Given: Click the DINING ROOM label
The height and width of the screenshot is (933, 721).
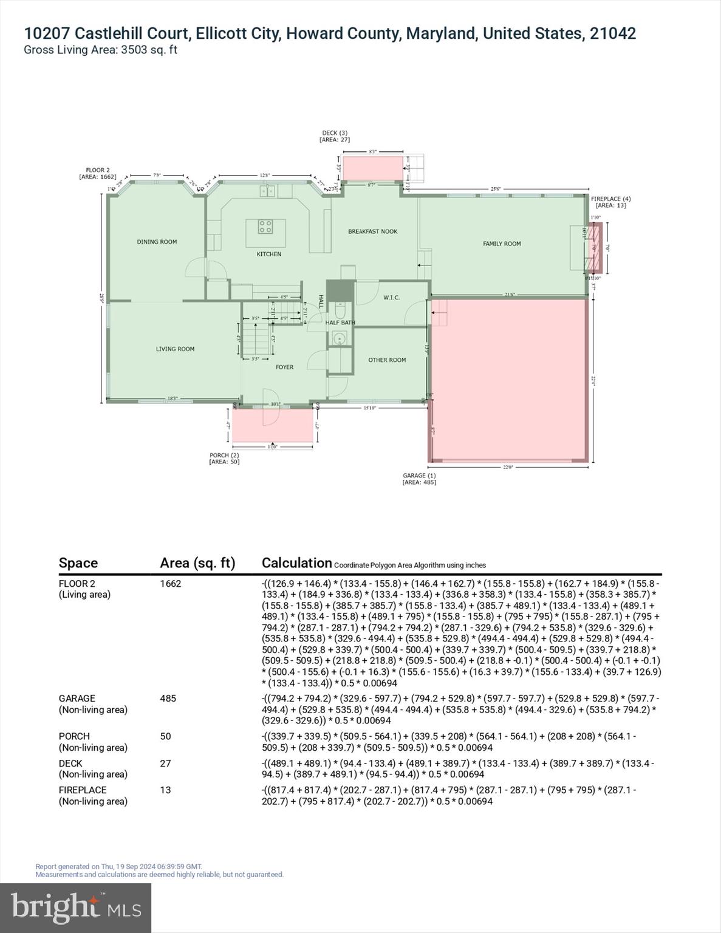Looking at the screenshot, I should (157, 242).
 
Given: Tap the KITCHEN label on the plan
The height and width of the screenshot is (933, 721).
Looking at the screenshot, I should (268, 254).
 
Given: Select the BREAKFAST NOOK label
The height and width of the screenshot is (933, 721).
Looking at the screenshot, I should (372, 231).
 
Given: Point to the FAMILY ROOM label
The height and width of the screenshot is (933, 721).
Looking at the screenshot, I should (502, 244).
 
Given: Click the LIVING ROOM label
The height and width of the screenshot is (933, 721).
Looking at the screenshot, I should (175, 349).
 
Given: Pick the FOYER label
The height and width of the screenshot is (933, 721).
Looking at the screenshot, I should (284, 367).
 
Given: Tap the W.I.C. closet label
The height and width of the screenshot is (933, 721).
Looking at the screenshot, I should (391, 298).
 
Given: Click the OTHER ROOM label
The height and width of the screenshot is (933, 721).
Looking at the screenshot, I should (387, 360).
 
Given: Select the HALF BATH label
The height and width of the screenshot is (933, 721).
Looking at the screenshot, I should (340, 323).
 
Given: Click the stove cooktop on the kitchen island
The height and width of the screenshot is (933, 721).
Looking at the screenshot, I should (265, 227).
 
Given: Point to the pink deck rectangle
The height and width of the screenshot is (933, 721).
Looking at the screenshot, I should (372, 168).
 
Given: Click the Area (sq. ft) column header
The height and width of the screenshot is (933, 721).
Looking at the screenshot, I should (197, 563).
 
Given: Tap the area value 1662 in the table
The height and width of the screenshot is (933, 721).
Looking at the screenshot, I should (171, 584).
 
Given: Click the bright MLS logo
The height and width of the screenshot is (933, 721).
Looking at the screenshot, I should (76, 907).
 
